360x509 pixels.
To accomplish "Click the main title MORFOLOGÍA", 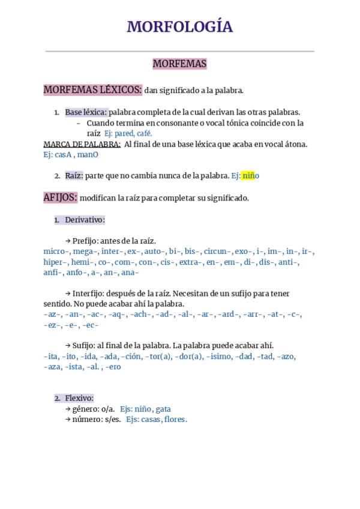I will coord(179,27).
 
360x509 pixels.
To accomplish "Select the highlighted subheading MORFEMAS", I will coord(179,64).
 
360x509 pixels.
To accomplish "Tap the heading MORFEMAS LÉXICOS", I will coord(92,90).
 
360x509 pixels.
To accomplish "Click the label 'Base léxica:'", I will coord(86,112).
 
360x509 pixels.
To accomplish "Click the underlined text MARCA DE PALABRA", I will coord(82,144).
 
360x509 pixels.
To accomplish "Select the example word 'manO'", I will coord(88,155).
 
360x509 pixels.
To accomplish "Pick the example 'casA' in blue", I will coord(63,155).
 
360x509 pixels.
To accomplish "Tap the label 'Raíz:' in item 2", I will coord(74,176).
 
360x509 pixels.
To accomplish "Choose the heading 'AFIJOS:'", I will coord(60,197).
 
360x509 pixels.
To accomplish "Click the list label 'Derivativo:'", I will coord(85,220).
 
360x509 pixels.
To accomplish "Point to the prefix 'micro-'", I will coord(56,251).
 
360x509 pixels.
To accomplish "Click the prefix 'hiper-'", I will coord(55,262).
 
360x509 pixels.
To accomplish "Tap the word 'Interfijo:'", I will coord(89,294).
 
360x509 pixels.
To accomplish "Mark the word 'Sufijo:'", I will coord(85,346).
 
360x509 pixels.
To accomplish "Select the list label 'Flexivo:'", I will coord(79,398).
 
